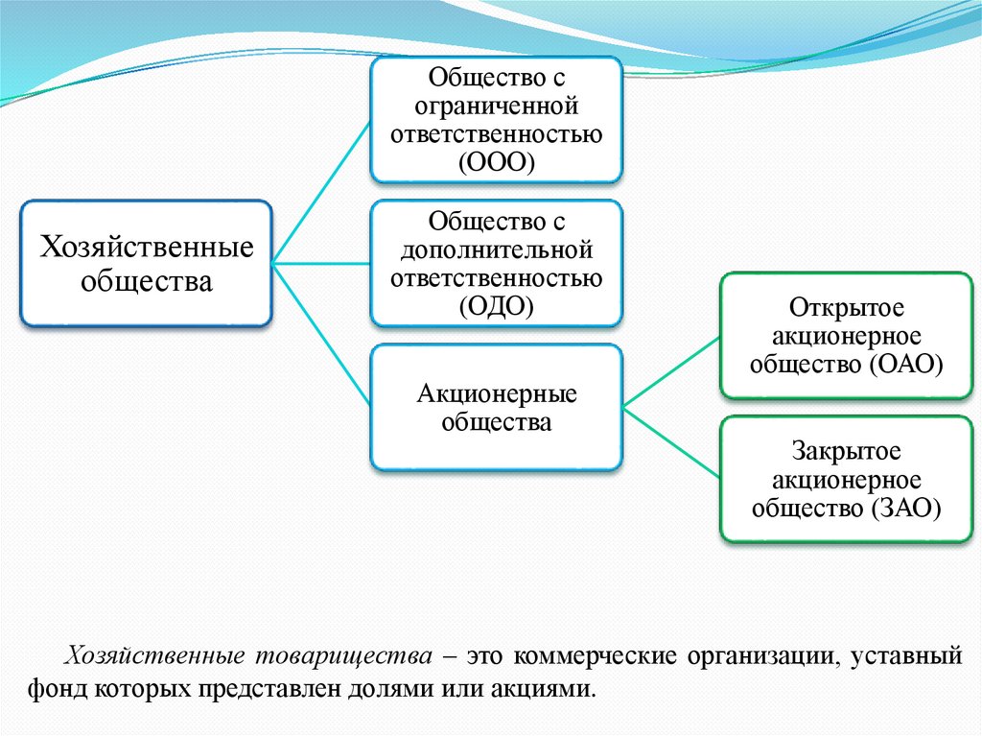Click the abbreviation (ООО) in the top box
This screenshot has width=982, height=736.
pos(496,160)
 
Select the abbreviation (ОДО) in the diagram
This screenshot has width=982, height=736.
pos(496,306)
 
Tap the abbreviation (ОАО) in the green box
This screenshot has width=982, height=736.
pos(905,364)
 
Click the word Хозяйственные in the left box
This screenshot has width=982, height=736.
pos(146,248)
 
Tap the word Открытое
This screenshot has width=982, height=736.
pos(847,308)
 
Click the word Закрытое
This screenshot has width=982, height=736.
pos(847,452)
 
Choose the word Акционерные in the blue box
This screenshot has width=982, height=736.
pos(496,393)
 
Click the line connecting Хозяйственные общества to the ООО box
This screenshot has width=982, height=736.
pos(322,191)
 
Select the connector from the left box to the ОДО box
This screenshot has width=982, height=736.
pos(322,262)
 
